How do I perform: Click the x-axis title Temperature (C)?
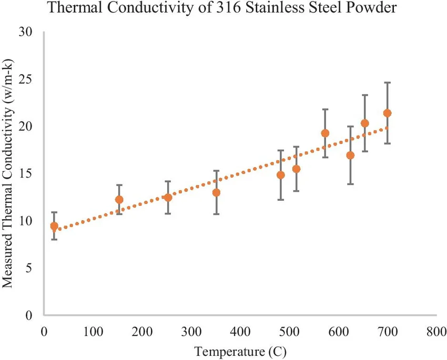click(x=240, y=350)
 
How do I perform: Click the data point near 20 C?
click(x=54, y=226)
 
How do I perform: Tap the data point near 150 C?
click(x=119, y=200)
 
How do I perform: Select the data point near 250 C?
click(x=168, y=198)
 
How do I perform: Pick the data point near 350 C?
click(x=216, y=192)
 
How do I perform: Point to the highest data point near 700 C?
click(x=388, y=113)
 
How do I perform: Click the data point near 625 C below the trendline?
click(x=350, y=155)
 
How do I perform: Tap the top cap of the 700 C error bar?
click(x=388, y=83)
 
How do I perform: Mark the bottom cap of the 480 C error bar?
click(x=281, y=200)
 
